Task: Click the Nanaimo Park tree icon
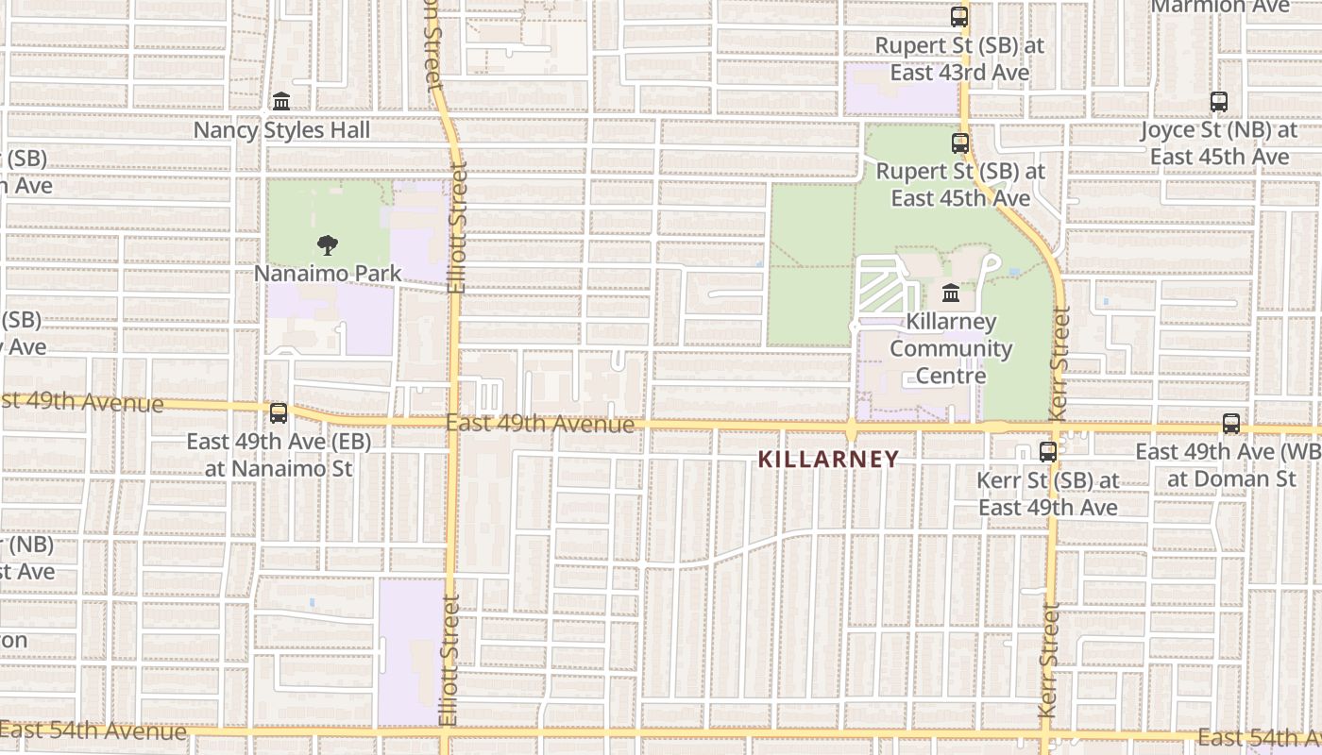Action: pyautogui.click(x=328, y=245)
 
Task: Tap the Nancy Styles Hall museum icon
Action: pyautogui.click(x=281, y=101)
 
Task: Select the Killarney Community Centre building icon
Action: pyautogui.click(x=950, y=294)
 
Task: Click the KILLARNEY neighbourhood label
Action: pyautogui.click(x=828, y=460)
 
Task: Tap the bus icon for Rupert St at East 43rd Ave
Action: pyautogui.click(x=959, y=16)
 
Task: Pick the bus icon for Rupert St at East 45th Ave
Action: pyautogui.click(x=960, y=143)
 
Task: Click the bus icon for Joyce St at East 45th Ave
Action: pyautogui.click(x=1219, y=101)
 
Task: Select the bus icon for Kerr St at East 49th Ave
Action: pyautogui.click(x=1048, y=451)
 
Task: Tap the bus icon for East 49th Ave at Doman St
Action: pyautogui.click(x=1231, y=423)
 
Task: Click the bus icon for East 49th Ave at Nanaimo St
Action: pyautogui.click(x=278, y=412)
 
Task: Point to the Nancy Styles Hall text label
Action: pyautogui.click(x=282, y=130)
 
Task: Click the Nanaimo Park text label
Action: pyautogui.click(x=328, y=274)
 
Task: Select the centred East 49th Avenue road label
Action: pyautogui.click(x=540, y=424)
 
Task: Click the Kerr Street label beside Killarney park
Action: pyautogui.click(x=1058, y=363)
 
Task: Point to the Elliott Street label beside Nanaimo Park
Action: pyautogui.click(x=458, y=226)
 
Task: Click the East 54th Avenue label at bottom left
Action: pyautogui.click(x=94, y=730)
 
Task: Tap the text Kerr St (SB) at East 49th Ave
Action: pyautogui.click(x=1047, y=494)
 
